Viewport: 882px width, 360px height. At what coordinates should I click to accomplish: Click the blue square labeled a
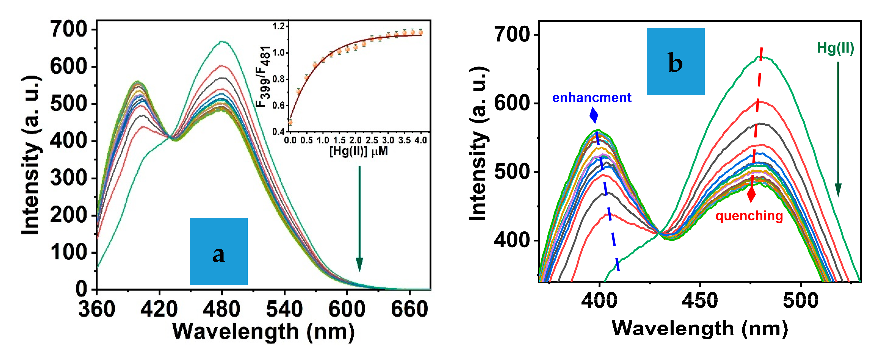219,251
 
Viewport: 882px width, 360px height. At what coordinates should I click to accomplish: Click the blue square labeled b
675,61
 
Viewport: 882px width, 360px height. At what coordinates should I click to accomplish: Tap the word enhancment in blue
592,98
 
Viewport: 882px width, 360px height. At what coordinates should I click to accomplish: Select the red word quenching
749,216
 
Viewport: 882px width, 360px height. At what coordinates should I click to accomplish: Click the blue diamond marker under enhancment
594,115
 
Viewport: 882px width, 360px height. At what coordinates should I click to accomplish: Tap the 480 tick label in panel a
222,309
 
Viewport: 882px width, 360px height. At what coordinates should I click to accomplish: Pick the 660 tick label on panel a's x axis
409,309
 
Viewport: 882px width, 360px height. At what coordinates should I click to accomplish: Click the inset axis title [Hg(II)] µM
359,151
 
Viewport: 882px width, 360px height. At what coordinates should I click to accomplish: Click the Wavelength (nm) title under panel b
699,328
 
